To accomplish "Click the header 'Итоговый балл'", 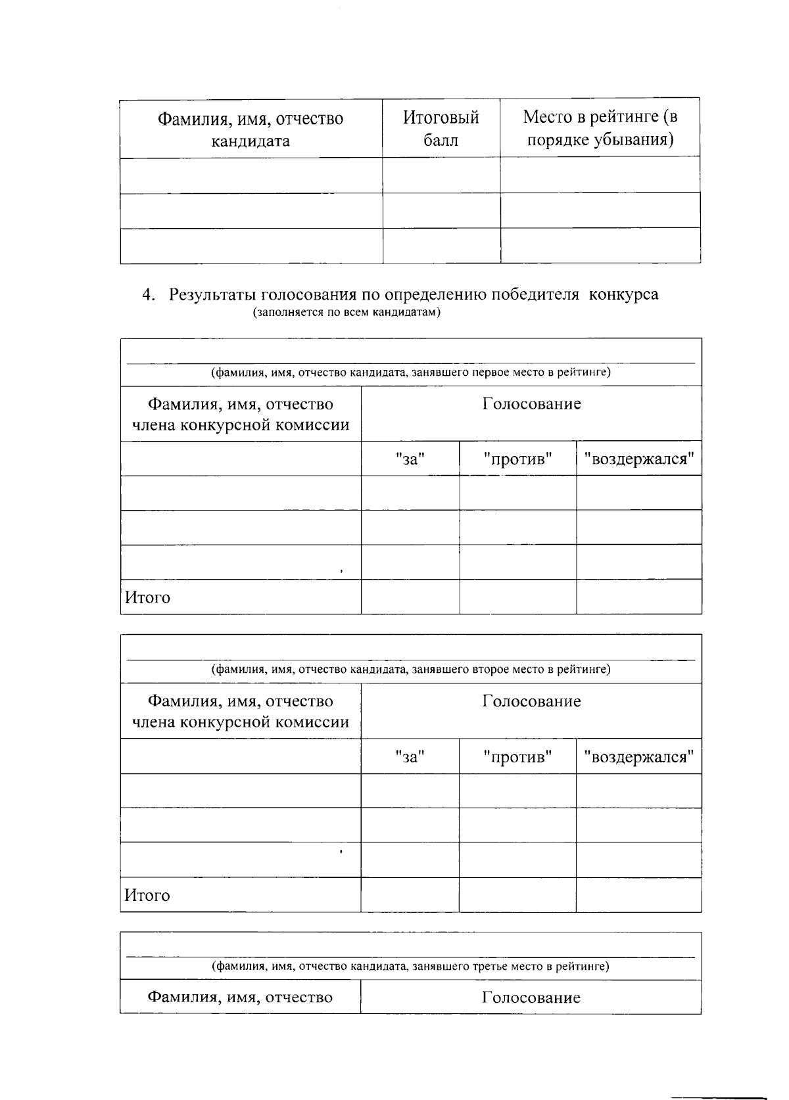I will click(441, 129).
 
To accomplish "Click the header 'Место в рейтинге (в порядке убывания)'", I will click(600, 128).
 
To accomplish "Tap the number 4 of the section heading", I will click(147, 294).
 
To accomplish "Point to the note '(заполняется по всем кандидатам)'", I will click(347, 312).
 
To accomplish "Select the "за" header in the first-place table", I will click(410, 459).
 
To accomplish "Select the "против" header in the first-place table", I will click(517, 459).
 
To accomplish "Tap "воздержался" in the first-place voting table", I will click(638, 459).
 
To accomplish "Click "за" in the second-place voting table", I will click(410, 757).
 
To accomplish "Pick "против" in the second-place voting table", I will click(517, 757).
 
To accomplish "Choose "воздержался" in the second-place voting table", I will click(638, 757).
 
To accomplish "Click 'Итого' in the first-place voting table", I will click(148, 597).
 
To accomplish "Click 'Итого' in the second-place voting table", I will click(148, 895).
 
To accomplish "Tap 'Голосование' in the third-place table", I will click(531, 997).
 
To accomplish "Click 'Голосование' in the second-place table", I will click(531, 701).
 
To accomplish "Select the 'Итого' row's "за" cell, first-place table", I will click(410, 597).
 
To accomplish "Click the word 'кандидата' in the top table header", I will click(250, 141).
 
